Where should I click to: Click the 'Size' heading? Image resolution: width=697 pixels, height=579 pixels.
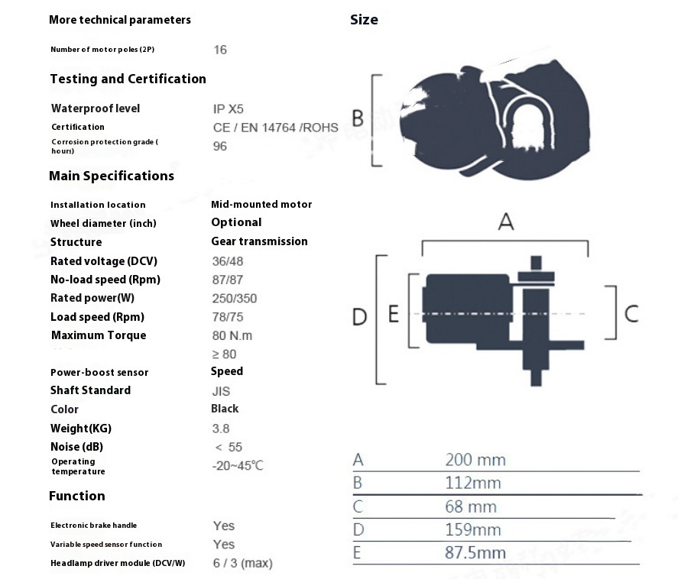(x=364, y=20)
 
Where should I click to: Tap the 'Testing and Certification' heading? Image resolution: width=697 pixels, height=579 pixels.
(x=128, y=79)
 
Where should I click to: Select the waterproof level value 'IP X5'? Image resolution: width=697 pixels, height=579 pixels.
(x=228, y=109)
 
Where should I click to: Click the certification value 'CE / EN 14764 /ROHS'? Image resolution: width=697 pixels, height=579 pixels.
(x=276, y=128)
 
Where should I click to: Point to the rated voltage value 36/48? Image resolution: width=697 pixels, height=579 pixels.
(x=228, y=261)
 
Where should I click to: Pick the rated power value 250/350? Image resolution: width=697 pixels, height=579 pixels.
(x=235, y=298)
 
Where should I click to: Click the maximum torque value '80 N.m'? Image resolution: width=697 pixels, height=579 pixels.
(x=232, y=335)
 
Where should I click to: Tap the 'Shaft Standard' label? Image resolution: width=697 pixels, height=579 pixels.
(x=90, y=390)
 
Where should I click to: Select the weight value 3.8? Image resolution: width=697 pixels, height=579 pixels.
(x=221, y=429)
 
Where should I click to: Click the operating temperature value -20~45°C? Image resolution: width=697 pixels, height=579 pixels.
(x=238, y=466)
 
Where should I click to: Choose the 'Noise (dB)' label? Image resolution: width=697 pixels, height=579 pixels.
(x=76, y=447)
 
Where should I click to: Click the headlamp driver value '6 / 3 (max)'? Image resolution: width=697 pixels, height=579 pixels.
(x=243, y=563)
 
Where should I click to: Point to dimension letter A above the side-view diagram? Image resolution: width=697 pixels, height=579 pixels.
(x=506, y=222)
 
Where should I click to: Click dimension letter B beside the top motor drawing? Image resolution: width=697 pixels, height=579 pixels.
(x=358, y=118)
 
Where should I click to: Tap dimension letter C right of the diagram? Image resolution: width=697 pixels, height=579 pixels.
(x=631, y=314)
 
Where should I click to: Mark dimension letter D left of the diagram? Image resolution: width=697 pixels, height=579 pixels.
(x=359, y=317)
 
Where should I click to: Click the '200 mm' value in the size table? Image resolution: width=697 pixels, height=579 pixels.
(x=475, y=460)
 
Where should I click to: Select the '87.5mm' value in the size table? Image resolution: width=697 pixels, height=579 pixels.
(x=475, y=552)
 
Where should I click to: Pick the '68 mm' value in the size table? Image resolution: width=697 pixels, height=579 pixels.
(x=471, y=506)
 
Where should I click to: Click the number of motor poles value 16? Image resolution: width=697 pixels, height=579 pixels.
(x=220, y=50)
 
